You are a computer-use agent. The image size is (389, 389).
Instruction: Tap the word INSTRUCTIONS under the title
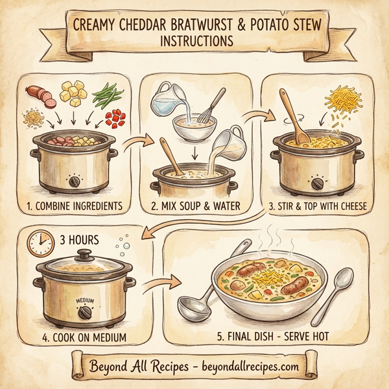(194, 41)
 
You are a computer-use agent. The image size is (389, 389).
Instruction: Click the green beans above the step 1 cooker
(107, 96)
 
